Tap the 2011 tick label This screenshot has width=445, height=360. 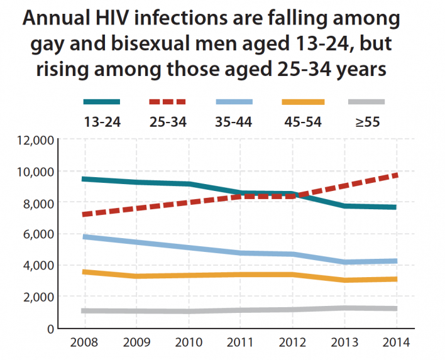(240, 343)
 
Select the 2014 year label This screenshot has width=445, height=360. (397, 343)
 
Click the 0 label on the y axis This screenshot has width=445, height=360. (49, 328)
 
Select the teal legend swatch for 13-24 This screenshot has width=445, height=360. (102, 101)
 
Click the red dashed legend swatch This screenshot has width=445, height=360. (168, 101)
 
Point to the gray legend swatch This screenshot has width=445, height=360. (366, 101)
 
